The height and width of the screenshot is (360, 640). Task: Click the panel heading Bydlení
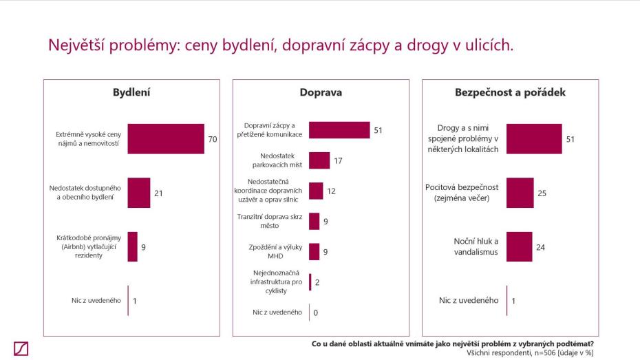131,92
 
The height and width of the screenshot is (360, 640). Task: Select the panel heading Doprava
321,92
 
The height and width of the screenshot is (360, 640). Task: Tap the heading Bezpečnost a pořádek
510,92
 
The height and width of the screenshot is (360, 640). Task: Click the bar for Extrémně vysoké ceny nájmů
166,139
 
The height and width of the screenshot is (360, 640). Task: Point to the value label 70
213,139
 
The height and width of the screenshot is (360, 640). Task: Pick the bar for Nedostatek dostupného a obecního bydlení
138,193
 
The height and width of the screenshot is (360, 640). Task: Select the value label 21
158,193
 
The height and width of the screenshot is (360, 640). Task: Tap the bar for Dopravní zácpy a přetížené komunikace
339,129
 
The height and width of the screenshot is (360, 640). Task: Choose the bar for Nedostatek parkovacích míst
319,160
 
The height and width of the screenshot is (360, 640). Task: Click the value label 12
331,191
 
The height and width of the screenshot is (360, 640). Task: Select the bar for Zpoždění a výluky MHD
314,252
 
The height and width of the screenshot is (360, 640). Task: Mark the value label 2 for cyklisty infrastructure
317,282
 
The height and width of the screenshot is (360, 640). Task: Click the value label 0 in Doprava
316,313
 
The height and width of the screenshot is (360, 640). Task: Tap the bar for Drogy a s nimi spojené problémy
534,139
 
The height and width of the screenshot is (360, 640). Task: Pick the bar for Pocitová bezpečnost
520,193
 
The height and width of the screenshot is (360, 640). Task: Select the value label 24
540,246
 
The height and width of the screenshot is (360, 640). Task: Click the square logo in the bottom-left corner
21,348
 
